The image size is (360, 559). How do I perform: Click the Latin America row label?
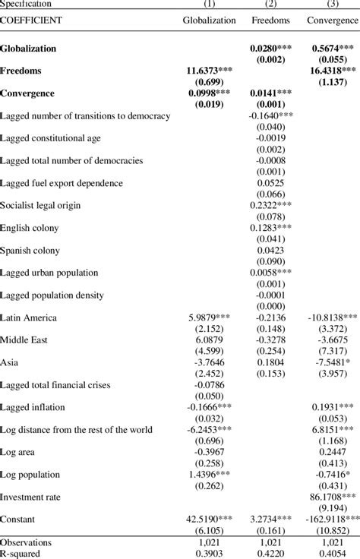pos(30,317)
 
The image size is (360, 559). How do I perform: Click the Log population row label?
pos(33,475)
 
